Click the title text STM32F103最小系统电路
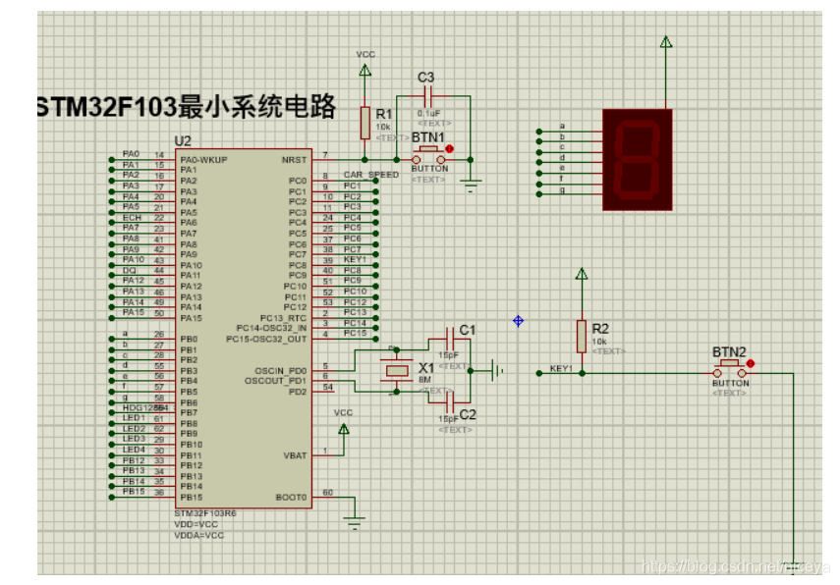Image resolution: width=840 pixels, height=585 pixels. point(187,106)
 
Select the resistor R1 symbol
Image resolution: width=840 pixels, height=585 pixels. point(365,121)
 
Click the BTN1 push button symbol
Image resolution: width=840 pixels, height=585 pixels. point(429,159)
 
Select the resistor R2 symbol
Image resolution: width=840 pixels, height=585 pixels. point(582,333)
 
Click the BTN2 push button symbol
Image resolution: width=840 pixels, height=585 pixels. point(730,372)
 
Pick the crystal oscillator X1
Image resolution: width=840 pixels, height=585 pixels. point(396,370)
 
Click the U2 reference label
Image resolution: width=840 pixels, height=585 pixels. point(182,141)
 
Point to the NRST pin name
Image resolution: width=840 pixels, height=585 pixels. point(294,159)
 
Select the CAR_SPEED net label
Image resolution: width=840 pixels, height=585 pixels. point(370,175)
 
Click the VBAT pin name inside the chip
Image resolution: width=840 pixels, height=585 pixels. point(296,455)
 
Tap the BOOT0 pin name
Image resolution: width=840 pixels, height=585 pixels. point(294,498)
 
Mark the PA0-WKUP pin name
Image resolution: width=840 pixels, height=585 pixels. point(204,159)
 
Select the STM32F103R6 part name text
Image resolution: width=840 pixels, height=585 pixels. point(205,513)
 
